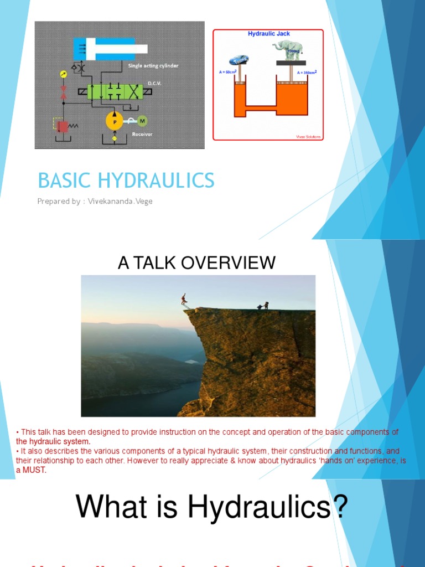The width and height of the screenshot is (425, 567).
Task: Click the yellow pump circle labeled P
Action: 115,121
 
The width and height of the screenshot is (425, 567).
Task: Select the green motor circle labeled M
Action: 142,121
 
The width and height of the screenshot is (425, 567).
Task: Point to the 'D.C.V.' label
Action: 153,84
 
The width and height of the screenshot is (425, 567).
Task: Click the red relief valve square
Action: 63,127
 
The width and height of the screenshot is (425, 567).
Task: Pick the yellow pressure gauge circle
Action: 63,74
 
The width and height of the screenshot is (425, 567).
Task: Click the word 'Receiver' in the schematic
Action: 142,133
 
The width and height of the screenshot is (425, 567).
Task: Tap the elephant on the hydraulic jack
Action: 287,49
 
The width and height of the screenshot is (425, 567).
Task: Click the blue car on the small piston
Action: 239,60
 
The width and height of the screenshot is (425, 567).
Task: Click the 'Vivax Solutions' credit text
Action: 309,136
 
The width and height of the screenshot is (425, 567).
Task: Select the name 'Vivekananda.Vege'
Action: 121,202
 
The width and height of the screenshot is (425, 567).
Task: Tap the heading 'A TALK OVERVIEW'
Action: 196,262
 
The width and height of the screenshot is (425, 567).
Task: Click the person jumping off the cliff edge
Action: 184,300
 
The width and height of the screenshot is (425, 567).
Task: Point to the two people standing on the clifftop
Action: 262,306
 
